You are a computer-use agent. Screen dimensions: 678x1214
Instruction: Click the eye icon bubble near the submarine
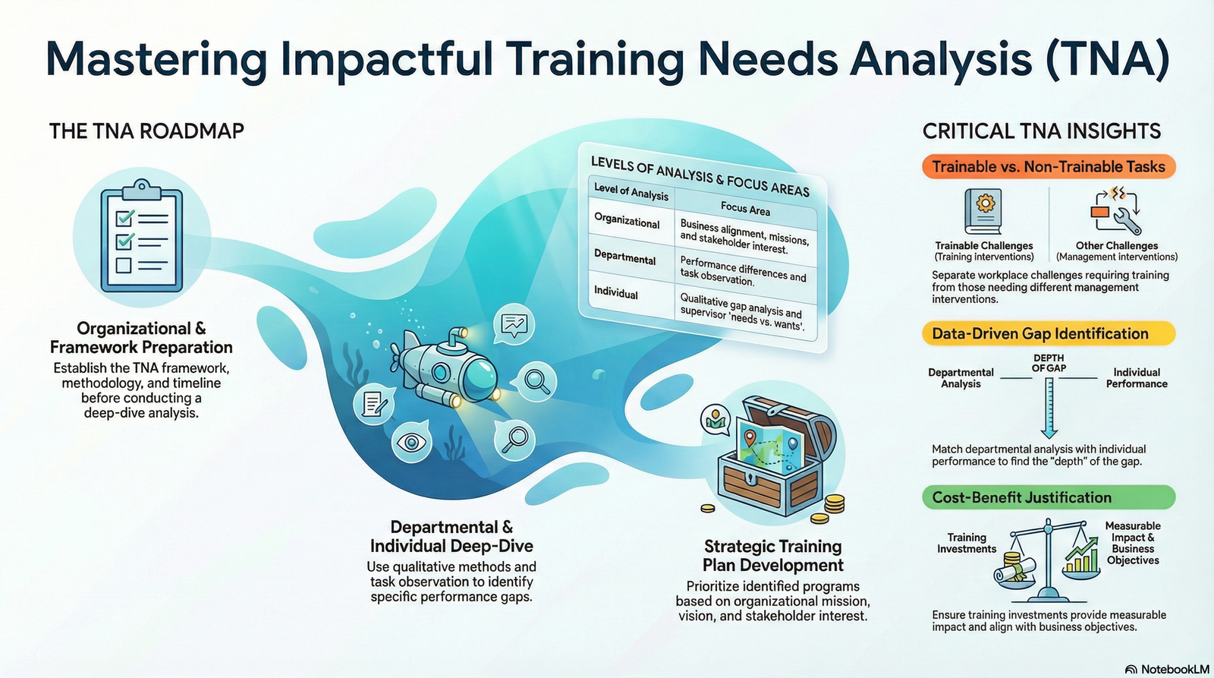click(x=411, y=442)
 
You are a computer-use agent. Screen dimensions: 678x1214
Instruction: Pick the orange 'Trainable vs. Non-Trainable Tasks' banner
click(x=1049, y=167)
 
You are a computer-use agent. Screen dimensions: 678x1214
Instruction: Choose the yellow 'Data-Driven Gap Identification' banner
click(x=1049, y=333)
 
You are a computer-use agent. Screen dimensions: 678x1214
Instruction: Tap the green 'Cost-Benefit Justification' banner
click(x=1049, y=497)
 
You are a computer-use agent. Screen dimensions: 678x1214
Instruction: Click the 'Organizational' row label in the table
click(x=627, y=222)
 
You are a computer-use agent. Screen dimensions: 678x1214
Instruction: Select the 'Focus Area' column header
click(x=744, y=208)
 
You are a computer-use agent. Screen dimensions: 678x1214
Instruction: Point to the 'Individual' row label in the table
click(x=616, y=293)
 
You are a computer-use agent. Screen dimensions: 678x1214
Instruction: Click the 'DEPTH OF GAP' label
click(x=1049, y=363)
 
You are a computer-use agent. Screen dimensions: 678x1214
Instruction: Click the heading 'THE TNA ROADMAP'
click(x=146, y=131)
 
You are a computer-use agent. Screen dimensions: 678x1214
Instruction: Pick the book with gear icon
click(x=983, y=211)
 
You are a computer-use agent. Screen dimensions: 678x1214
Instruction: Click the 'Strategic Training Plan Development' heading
click(x=772, y=556)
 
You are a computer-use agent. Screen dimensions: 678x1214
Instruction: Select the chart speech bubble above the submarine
click(x=514, y=325)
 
